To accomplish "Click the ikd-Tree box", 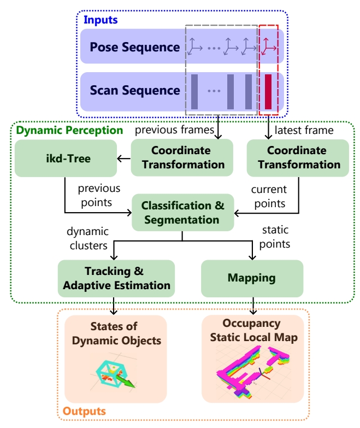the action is [x=66, y=159].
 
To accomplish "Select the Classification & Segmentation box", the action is [x=182, y=213].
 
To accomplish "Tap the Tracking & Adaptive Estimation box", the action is [x=116, y=278].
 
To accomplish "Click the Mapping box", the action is [x=252, y=278].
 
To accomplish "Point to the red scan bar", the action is [x=268, y=92].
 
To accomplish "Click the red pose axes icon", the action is [x=268, y=46].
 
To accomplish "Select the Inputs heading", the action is [x=101, y=20].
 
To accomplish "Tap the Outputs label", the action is [x=84, y=411].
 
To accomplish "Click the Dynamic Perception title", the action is [x=69, y=130].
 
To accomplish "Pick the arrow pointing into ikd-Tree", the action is [x=124, y=159].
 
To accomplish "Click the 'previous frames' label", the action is [x=175, y=130].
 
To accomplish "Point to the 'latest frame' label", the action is [x=304, y=130].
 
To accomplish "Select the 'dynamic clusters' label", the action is [x=88, y=238].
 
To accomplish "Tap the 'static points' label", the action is [x=275, y=237].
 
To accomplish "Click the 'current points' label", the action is [x=269, y=197].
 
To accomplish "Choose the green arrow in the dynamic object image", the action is [x=126, y=380].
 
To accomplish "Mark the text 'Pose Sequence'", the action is [x=135, y=47].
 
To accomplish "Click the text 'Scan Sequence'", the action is [x=135, y=90].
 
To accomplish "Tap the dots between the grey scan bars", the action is [x=214, y=91].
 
